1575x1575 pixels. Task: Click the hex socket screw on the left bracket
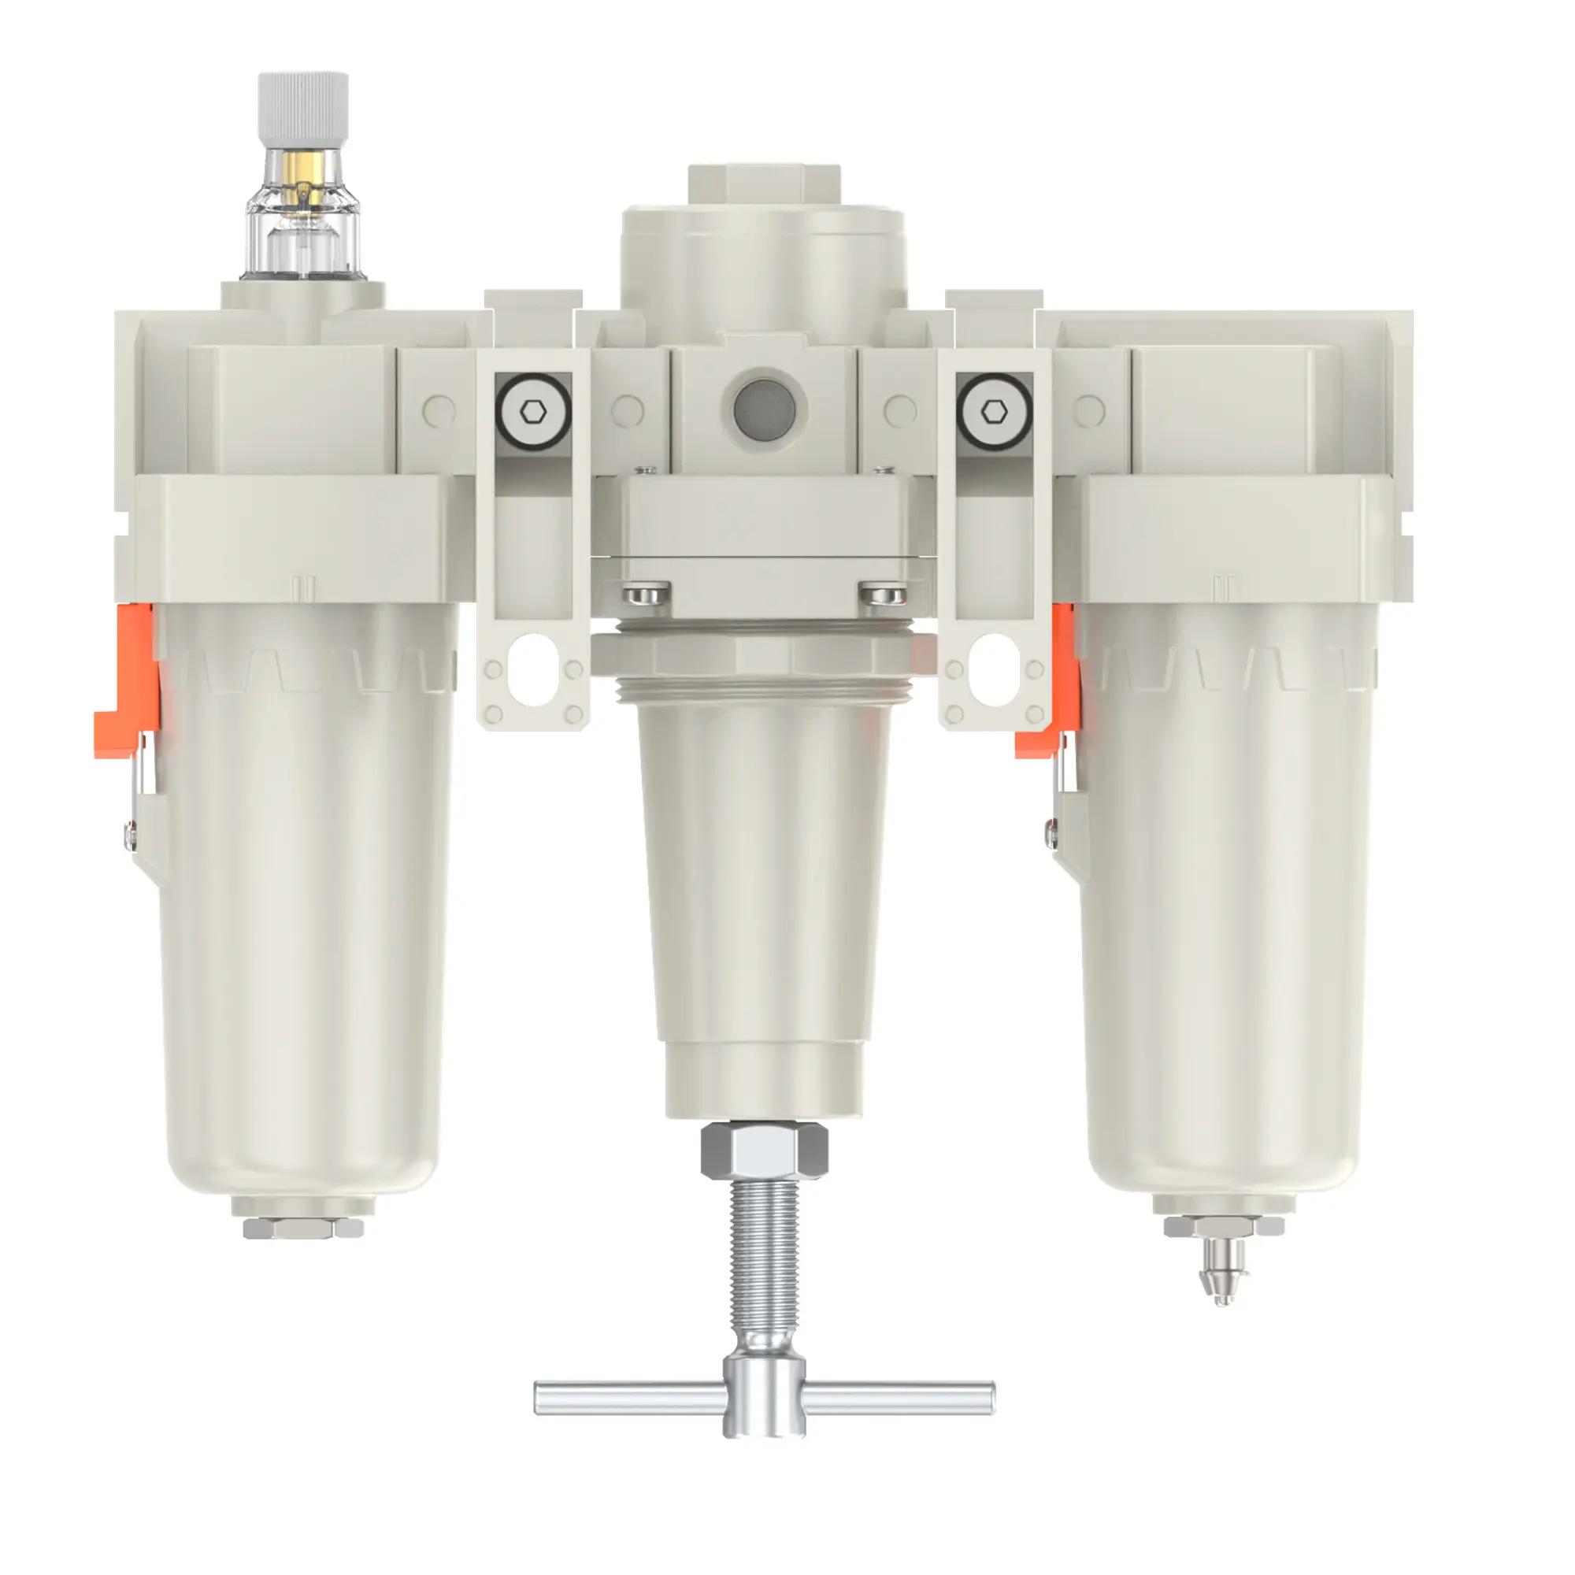pyautogui.click(x=533, y=413)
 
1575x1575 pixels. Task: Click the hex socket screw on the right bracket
pyautogui.click(x=994, y=413)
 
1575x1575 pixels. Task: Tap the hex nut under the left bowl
pyautogui.click(x=302, y=1228)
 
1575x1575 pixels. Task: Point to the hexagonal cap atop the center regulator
pyautogui.click(x=763, y=184)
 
